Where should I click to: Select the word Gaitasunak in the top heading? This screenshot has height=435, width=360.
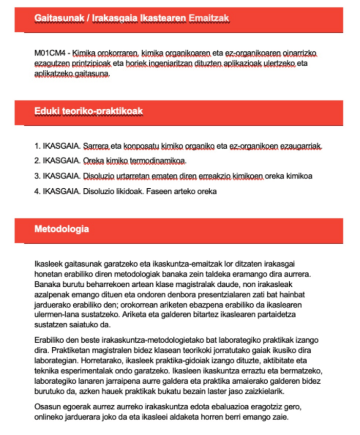point(56,18)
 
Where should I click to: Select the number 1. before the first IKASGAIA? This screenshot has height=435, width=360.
point(37,147)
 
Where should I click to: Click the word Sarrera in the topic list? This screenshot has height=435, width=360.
point(94,147)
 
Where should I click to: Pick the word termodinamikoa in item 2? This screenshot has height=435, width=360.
point(165,161)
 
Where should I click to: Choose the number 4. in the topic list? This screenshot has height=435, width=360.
point(37,191)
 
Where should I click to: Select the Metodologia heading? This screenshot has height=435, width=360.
point(61,229)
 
